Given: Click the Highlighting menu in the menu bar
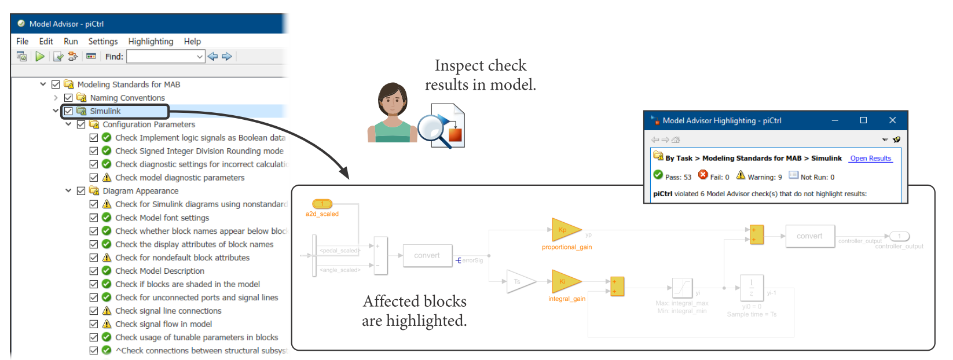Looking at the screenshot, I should [x=151, y=42].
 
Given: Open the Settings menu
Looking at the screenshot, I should [x=102, y=42].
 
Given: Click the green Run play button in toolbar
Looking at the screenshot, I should [x=40, y=56].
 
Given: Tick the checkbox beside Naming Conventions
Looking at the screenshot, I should [x=68, y=98].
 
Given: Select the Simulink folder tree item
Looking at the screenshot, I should [x=105, y=111].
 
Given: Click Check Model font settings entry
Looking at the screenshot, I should [x=162, y=218].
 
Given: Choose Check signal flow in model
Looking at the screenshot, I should [x=163, y=324].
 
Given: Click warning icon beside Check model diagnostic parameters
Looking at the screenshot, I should [x=107, y=178].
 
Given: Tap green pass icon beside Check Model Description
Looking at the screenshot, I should [x=107, y=271].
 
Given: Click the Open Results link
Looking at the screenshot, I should [x=870, y=159].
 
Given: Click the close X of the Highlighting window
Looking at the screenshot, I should [x=892, y=120].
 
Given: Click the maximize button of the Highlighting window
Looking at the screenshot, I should [x=863, y=120].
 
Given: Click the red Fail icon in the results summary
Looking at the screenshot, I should [x=703, y=175].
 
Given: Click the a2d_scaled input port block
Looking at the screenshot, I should [x=322, y=204].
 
